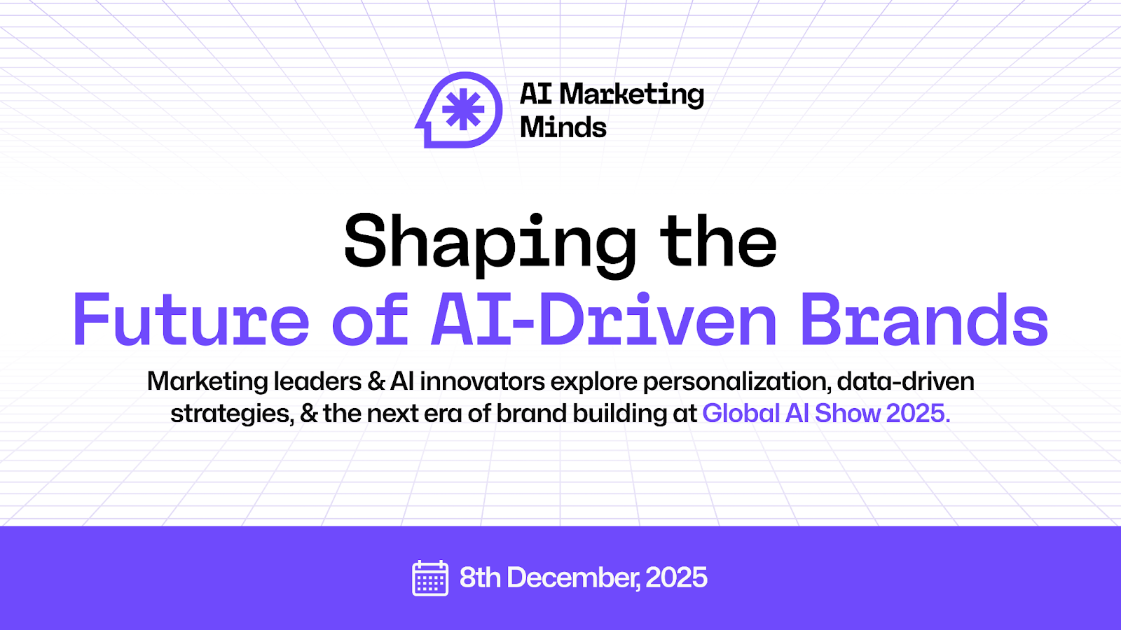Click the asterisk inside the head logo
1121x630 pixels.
point(464,110)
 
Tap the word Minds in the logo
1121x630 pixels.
point(563,127)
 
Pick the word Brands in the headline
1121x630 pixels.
point(924,320)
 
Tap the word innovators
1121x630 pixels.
point(483,381)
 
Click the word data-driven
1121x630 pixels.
point(905,381)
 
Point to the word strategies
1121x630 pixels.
point(231,414)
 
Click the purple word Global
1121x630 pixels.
point(741,414)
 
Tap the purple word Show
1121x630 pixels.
point(848,414)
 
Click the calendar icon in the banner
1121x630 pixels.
point(430,578)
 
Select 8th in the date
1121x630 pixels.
point(480,578)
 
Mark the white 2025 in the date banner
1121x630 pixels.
point(676,578)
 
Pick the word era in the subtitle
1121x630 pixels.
point(443,414)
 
